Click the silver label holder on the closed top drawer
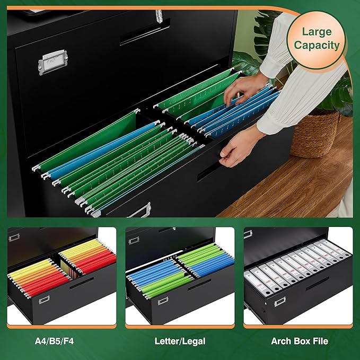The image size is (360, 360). coord(52,62)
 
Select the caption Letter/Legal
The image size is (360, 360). coord(180,341)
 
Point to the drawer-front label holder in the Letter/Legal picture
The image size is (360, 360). coord(163,301)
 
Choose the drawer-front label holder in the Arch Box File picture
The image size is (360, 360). coord(279,301)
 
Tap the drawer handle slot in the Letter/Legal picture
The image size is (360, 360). coord(199,285)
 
